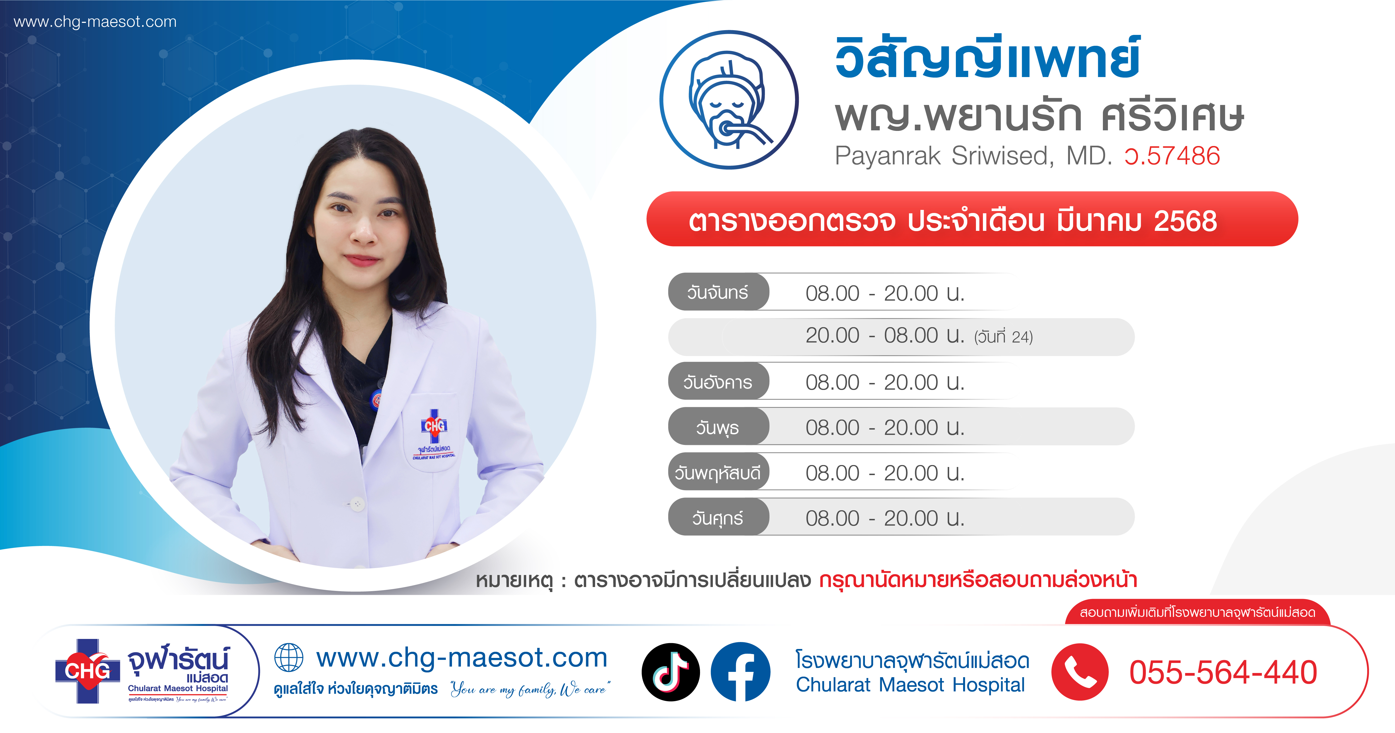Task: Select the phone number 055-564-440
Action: pos(1223,672)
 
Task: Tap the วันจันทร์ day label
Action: pos(718,293)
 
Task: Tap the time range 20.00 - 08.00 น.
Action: pos(885,336)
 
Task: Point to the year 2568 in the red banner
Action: pos(1185,221)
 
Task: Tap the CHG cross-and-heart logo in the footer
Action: pos(87,671)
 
